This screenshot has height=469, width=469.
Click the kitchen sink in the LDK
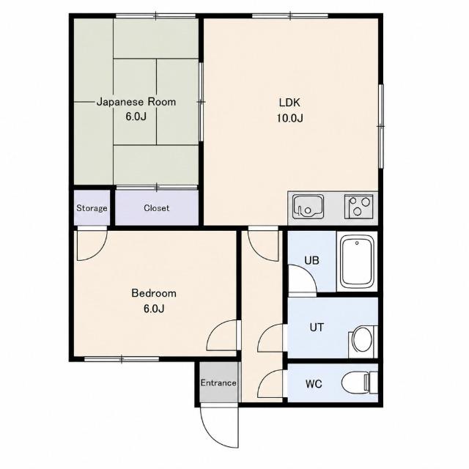tap(308, 207)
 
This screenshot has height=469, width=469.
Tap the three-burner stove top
tap(358, 206)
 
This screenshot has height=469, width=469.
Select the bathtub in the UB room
tap(357, 261)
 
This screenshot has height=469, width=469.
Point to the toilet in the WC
tap(360, 383)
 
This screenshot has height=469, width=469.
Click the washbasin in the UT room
tap(363, 341)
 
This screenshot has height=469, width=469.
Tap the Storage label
tap(92, 208)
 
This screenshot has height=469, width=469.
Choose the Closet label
tap(156, 208)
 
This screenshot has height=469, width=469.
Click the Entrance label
tap(218, 383)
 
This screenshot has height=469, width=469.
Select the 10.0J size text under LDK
tap(289, 119)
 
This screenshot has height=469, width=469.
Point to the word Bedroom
tap(154, 293)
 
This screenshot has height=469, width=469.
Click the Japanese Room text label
tap(136, 102)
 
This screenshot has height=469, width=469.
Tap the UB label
tap(311, 261)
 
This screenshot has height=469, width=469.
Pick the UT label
tap(317, 328)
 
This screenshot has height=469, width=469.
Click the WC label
tap(314, 383)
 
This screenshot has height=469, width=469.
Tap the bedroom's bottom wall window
tap(122, 359)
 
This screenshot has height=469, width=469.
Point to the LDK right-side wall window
tap(380, 126)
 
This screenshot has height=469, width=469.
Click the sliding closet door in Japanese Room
tap(157, 188)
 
